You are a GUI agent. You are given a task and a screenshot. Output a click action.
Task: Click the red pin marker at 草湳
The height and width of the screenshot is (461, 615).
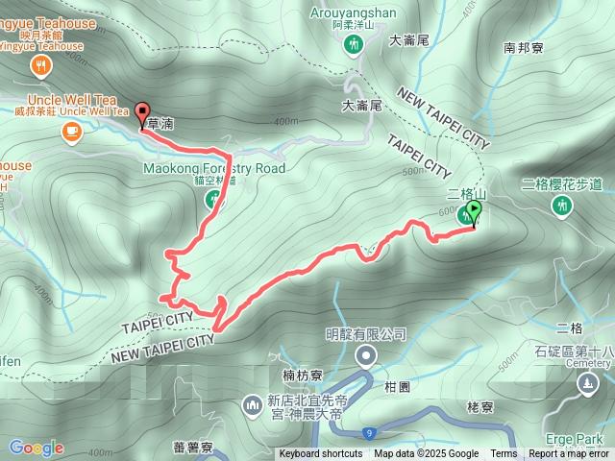click(142, 113)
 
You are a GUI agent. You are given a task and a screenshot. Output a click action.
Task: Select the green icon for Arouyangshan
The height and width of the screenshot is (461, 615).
click(357, 45)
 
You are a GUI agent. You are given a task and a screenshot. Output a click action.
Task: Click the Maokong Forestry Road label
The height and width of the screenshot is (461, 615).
click(214, 168)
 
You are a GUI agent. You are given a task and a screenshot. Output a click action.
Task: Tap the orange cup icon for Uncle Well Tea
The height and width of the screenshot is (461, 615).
click(72, 132)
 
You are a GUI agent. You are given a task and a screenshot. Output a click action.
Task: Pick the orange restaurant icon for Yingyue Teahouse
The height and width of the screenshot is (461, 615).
click(39, 65)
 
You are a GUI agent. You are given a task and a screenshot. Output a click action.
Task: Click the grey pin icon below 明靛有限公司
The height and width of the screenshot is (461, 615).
click(366, 357)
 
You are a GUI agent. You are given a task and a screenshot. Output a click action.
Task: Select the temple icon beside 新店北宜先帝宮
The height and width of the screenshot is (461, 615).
click(253, 405)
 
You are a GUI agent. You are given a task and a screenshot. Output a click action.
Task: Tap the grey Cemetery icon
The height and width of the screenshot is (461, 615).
click(586, 384)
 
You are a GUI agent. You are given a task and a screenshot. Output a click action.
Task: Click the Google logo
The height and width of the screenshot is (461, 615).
click(36, 448)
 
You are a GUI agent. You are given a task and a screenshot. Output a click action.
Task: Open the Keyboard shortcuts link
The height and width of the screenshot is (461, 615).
click(322, 454)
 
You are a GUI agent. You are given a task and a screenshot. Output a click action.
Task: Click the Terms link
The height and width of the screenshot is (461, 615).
click(504, 454)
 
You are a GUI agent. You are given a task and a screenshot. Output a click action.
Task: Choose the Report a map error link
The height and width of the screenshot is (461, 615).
click(568, 454)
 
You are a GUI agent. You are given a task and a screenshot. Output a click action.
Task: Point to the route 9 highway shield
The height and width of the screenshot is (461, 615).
click(370, 433)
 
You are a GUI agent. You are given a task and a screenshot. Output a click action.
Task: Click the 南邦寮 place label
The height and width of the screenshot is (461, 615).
click(523, 46)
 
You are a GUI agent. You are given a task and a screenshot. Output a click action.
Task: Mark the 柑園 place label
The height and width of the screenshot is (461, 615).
click(397, 385)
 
